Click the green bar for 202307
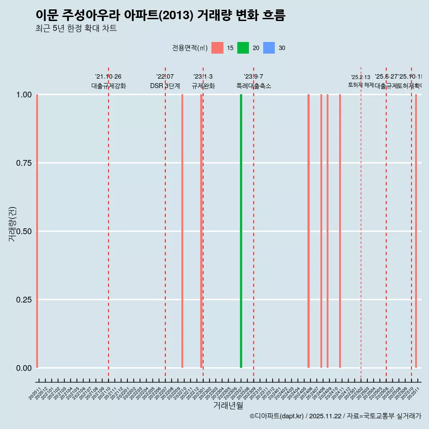coord(241,231)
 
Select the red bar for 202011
coord(37,231)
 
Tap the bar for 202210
coord(182,231)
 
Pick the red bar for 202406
coord(308,231)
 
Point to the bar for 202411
coord(340,231)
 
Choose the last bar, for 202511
coord(416,231)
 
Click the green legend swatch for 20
coord(243,48)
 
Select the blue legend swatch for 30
coord(269,48)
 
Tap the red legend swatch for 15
coord(217,48)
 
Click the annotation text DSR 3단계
coord(165,86)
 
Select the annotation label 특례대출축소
coord(254,86)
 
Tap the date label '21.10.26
coord(108,77)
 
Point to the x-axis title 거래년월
coord(228,406)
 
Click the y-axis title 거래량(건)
coord(12,224)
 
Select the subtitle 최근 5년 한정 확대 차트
coord(76,29)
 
